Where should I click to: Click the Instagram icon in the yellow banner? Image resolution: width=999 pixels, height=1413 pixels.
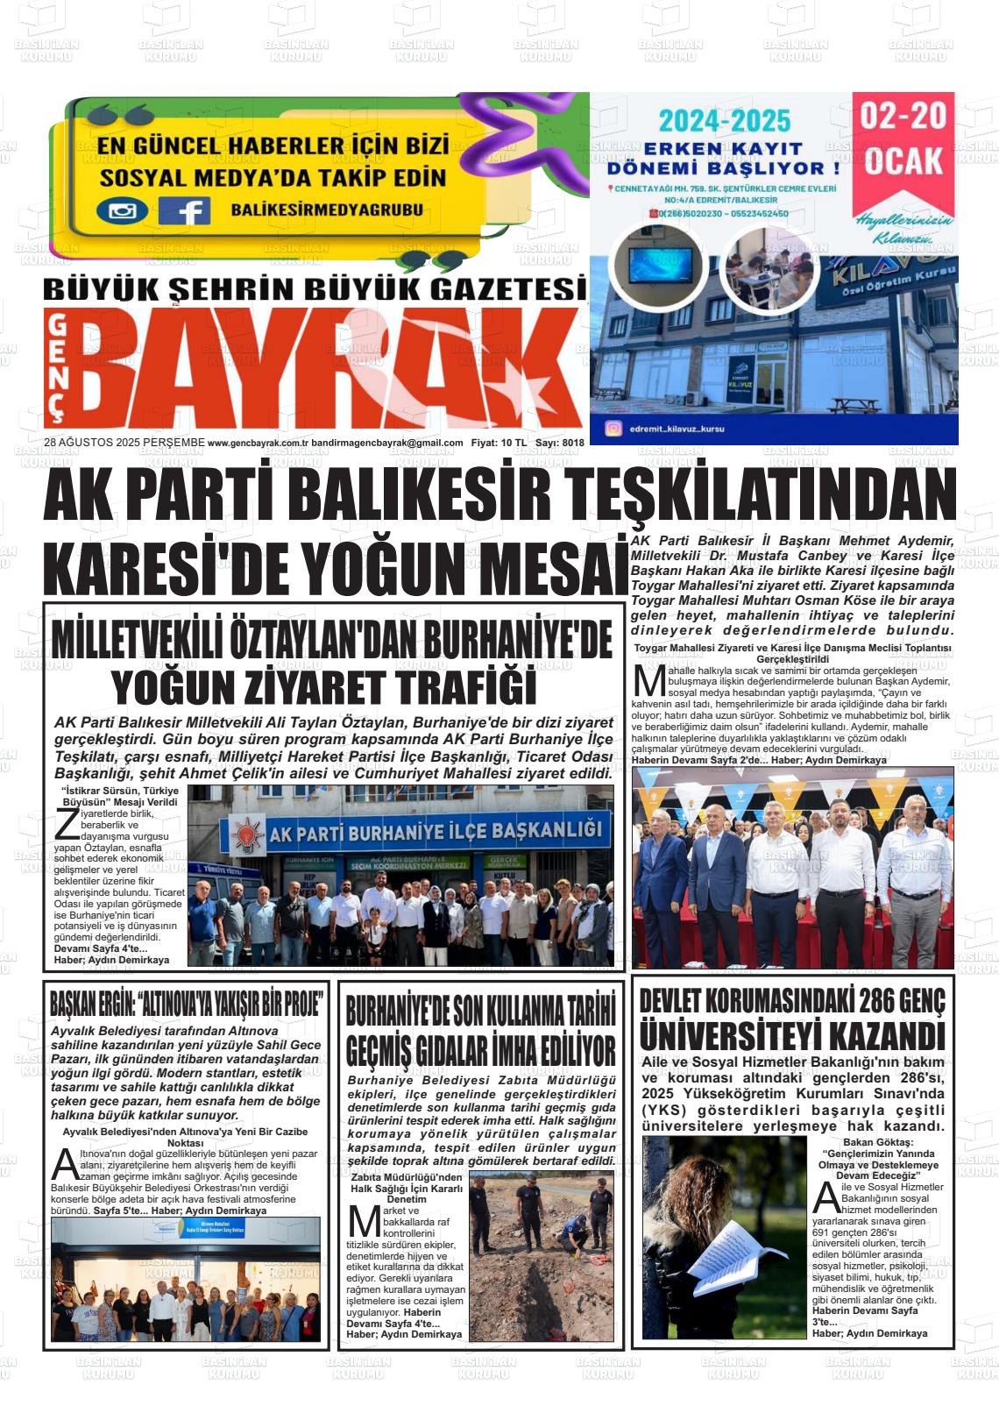click(x=122, y=211)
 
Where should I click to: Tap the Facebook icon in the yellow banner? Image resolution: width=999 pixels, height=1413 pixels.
click(x=183, y=211)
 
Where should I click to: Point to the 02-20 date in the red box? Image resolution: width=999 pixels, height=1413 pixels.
click(x=903, y=117)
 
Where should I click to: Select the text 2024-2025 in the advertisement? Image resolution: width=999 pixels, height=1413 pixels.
click(x=725, y=121)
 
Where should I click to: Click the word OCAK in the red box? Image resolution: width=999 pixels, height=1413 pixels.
click(x=903, y=160)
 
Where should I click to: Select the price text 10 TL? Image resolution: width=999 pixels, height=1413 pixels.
click(x=514, y=443)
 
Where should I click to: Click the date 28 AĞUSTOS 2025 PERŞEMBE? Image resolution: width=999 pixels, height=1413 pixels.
click(x=124, y=443)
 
